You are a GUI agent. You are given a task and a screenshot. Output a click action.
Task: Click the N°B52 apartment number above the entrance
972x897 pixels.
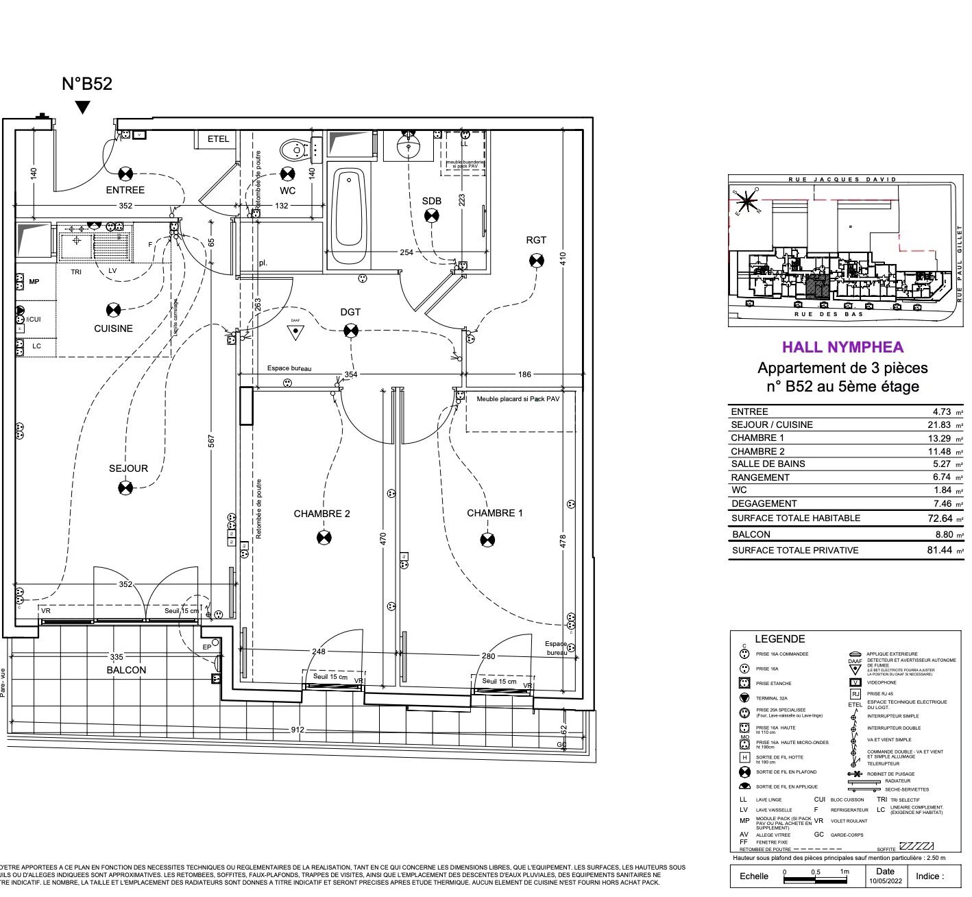(86, 84)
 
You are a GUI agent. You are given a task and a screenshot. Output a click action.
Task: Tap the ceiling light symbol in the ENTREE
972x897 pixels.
(125, 173)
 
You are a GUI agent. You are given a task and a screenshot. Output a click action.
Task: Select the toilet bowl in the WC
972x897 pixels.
(294, 148)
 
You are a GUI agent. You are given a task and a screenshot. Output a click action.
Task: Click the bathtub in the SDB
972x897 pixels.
(349, 209)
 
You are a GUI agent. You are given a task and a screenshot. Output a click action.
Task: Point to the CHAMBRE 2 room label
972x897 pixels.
(321, 514)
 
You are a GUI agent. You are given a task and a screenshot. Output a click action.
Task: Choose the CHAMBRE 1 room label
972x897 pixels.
(494, 513)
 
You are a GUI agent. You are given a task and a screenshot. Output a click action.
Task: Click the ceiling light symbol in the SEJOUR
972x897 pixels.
(125, 488)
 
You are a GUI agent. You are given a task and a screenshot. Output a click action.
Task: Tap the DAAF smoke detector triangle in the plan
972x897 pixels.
(295, 332)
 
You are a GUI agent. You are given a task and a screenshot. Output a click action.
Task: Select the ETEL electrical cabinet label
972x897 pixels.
(218, 139)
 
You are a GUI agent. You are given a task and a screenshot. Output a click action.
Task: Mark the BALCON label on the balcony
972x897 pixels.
(126, 670)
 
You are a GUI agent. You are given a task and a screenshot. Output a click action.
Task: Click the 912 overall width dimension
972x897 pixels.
(297, 730)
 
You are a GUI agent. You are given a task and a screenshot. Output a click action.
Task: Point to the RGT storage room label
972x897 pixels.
(536, 240)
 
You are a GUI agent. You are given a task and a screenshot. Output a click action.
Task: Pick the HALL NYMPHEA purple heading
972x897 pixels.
(842, 347)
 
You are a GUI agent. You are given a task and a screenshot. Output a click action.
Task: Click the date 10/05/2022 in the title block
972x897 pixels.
(885, 881)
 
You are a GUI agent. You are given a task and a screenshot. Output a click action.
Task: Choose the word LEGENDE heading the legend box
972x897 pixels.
(779, 638)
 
